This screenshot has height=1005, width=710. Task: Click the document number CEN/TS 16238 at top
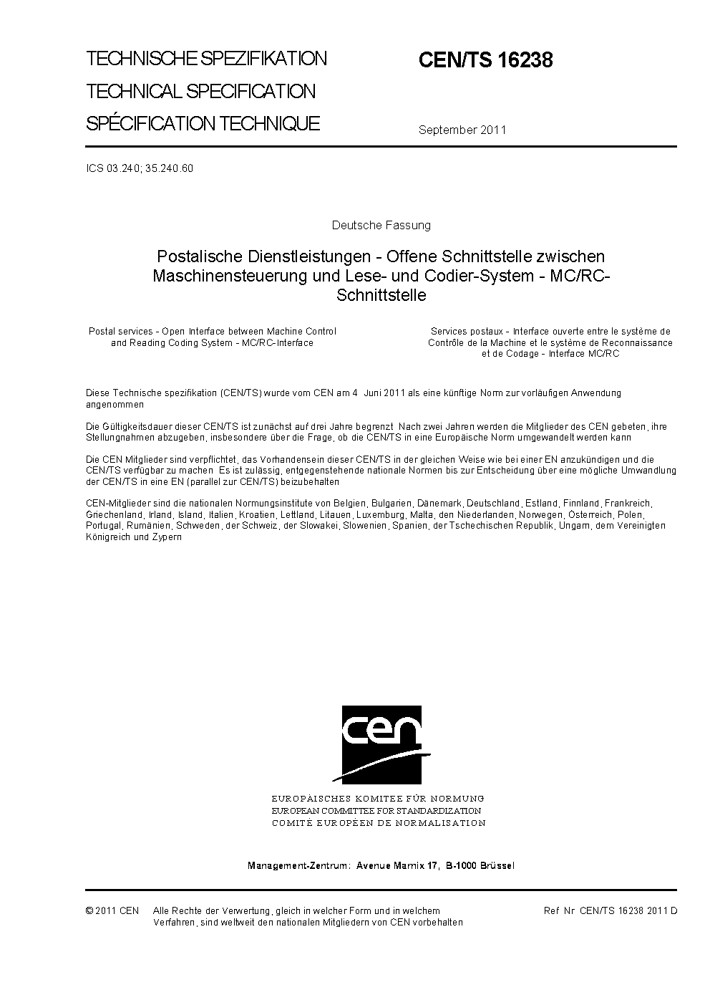coord(485,61)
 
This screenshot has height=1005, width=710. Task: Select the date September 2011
coord(462,130)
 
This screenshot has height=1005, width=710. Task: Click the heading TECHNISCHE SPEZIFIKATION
coord(206,59)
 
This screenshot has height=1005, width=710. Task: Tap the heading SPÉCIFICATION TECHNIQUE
coord(203,123)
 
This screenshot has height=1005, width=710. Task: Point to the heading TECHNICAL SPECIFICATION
coord(200,92)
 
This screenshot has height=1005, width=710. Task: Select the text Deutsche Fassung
coord(381,225)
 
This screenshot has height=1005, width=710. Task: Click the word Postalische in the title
coord(197,256)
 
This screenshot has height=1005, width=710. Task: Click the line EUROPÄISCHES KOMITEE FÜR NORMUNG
coord(378,798)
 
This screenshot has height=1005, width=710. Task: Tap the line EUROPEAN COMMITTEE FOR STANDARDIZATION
coord(376,810)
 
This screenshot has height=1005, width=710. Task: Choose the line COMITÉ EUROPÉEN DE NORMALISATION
coord(379,823)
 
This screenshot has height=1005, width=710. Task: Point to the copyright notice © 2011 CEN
coord(112,910)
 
